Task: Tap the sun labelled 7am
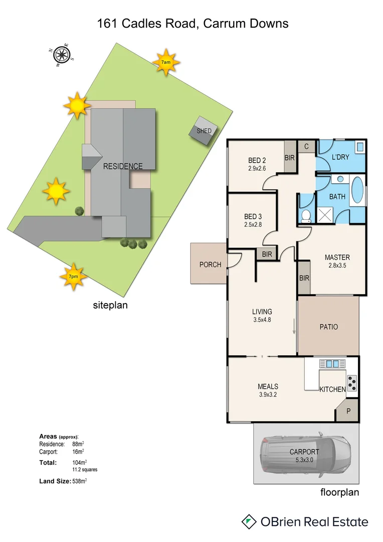click(166, 62)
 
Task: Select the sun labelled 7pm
click(74, 277)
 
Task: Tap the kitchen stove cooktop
click(352, 383)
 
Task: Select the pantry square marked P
click(347, 411)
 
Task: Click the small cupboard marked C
click(306, 146)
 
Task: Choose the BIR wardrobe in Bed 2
click(290, 157)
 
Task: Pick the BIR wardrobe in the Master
click(304, 278)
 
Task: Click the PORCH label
click(210, 264)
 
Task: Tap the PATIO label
click(329, 327)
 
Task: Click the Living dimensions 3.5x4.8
click(262, 320)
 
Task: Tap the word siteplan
click(110, 305)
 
